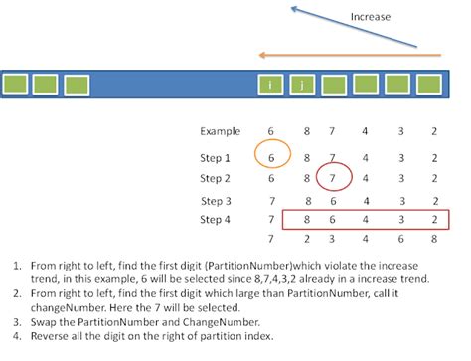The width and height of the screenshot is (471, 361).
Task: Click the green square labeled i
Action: (x=269, y=85)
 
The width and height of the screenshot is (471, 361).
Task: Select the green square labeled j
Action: (x=301, y=85)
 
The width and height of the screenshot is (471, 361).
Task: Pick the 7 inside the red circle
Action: (x=335, y=179)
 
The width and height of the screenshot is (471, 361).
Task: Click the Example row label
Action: (x=220, y=131)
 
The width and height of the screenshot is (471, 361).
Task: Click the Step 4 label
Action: (x=215, y=219)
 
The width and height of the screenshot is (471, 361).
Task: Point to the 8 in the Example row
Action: (x=303, y=131)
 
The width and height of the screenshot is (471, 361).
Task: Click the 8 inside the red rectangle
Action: (x=303, y=219)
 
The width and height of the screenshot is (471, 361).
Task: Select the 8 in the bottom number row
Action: (x=433, y=240)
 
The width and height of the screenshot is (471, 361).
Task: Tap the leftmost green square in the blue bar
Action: (x=16, y=85)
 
